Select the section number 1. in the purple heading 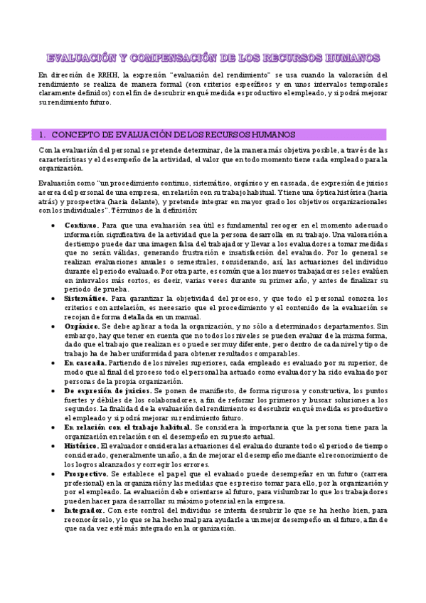43,134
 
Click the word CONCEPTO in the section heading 77,134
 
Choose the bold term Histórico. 82,445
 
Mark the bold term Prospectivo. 86,473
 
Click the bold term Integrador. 85,510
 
